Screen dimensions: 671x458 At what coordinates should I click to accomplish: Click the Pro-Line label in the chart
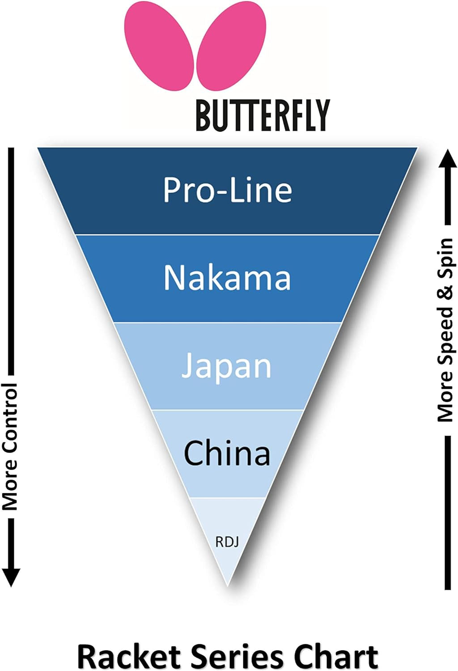pos(227,190)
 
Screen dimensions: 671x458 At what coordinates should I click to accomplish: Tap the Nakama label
pos(227,277)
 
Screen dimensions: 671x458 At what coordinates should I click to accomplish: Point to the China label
pos(227,453)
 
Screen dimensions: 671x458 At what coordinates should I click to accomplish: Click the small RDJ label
pos(227,542)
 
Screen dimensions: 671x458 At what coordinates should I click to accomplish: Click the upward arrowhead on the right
pos(446,159)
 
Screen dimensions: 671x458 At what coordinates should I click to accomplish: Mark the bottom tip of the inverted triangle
pos(228,584)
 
